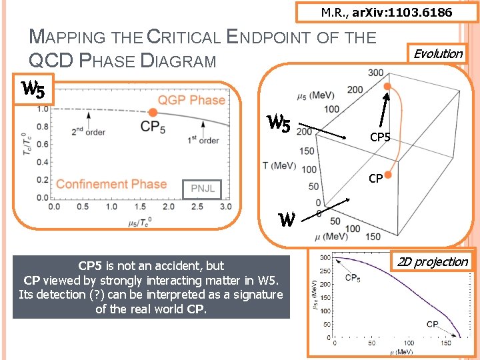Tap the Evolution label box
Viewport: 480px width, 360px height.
pyautogui.click(x=438, y=53)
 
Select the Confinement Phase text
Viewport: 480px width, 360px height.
pyautogui.click(x=111, y=184)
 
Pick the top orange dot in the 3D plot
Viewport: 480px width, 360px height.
pyautogui.click(x=388, y=87)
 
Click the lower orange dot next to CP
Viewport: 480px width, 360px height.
pyautogui.click(x=388, y=173)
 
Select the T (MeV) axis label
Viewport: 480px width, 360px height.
pyautogui.click(x=280, y=165)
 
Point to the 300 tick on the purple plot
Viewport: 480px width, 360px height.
pyautogui.click(x=325, y=257)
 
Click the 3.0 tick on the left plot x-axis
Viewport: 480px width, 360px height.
pyautogui.click(x=226, y=207)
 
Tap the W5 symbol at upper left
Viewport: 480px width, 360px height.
pyautogui.click(x=33, y=89)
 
